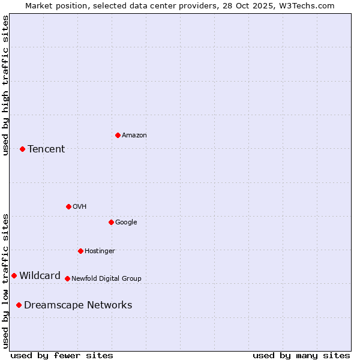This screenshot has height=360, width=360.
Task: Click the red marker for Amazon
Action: pyautogui.click(x=118, y=135)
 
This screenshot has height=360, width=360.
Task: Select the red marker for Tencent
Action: pyautogui.click(x=22, y=149)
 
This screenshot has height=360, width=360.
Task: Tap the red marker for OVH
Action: pyautogui.click(x=68, y=206)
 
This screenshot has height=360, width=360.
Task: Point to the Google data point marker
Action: pyautogui.click(x=111, y=222)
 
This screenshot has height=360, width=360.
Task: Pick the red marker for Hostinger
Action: pyautogui.click(x=80, y=251)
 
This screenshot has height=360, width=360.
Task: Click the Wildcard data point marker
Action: pyautogui.click(x=14, y=275)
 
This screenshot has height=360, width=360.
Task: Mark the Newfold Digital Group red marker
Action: pyautogui.click(x=67, y=278)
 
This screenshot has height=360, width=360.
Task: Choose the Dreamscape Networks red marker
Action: pyautogui.click(x=19, y=305)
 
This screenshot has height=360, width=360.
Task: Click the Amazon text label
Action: pyautogui.click(x=134, y=136)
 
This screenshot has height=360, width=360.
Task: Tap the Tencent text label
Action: pyautogui.click(x=46, y=149)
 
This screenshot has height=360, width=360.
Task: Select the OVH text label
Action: pyautogui.click(x=80, y=207)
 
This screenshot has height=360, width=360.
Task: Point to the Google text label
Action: pyautogui.click(x=126, y=223)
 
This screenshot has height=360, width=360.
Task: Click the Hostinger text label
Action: pyautogui.click(x=100, y=251)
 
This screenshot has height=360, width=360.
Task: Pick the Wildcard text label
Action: pyautogui.click(x=40, y=276)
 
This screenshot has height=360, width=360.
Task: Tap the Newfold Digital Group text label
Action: pyautogui.click(x=106, y=279)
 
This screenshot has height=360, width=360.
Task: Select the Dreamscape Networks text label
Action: pyautogui.click(x=78, y=305)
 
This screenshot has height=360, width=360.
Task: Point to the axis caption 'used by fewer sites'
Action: pyautogui.click(x=62, y=355)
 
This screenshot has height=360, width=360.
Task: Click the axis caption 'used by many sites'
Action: pyautogui.click(x=301, y=355)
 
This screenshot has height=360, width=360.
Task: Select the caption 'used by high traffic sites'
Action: pyautogui.click(x=5, y=85)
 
